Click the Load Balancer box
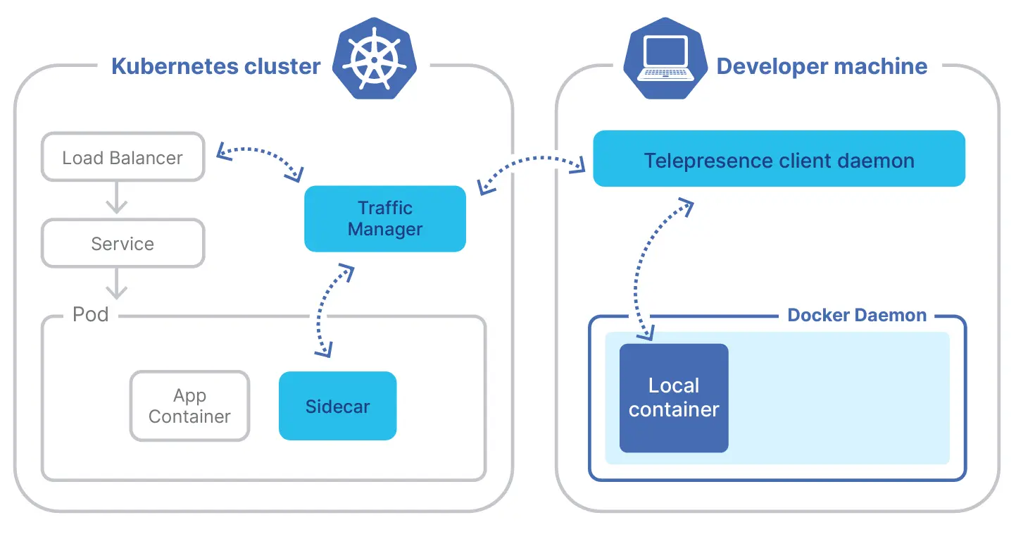pos(123,157)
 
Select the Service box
pos(123,243)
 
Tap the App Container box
pos(189,406)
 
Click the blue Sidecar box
pos(337,406)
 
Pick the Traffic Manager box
pos(384,218)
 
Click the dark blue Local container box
pos(673,397)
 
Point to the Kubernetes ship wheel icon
pos(375,61)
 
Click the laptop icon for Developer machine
pos(665,61)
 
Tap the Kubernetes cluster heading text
pos(215,66)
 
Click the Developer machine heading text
pos(821,66)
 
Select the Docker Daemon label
pos(856,315)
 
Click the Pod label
pos(91,314)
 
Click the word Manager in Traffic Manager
pos(384,229)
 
